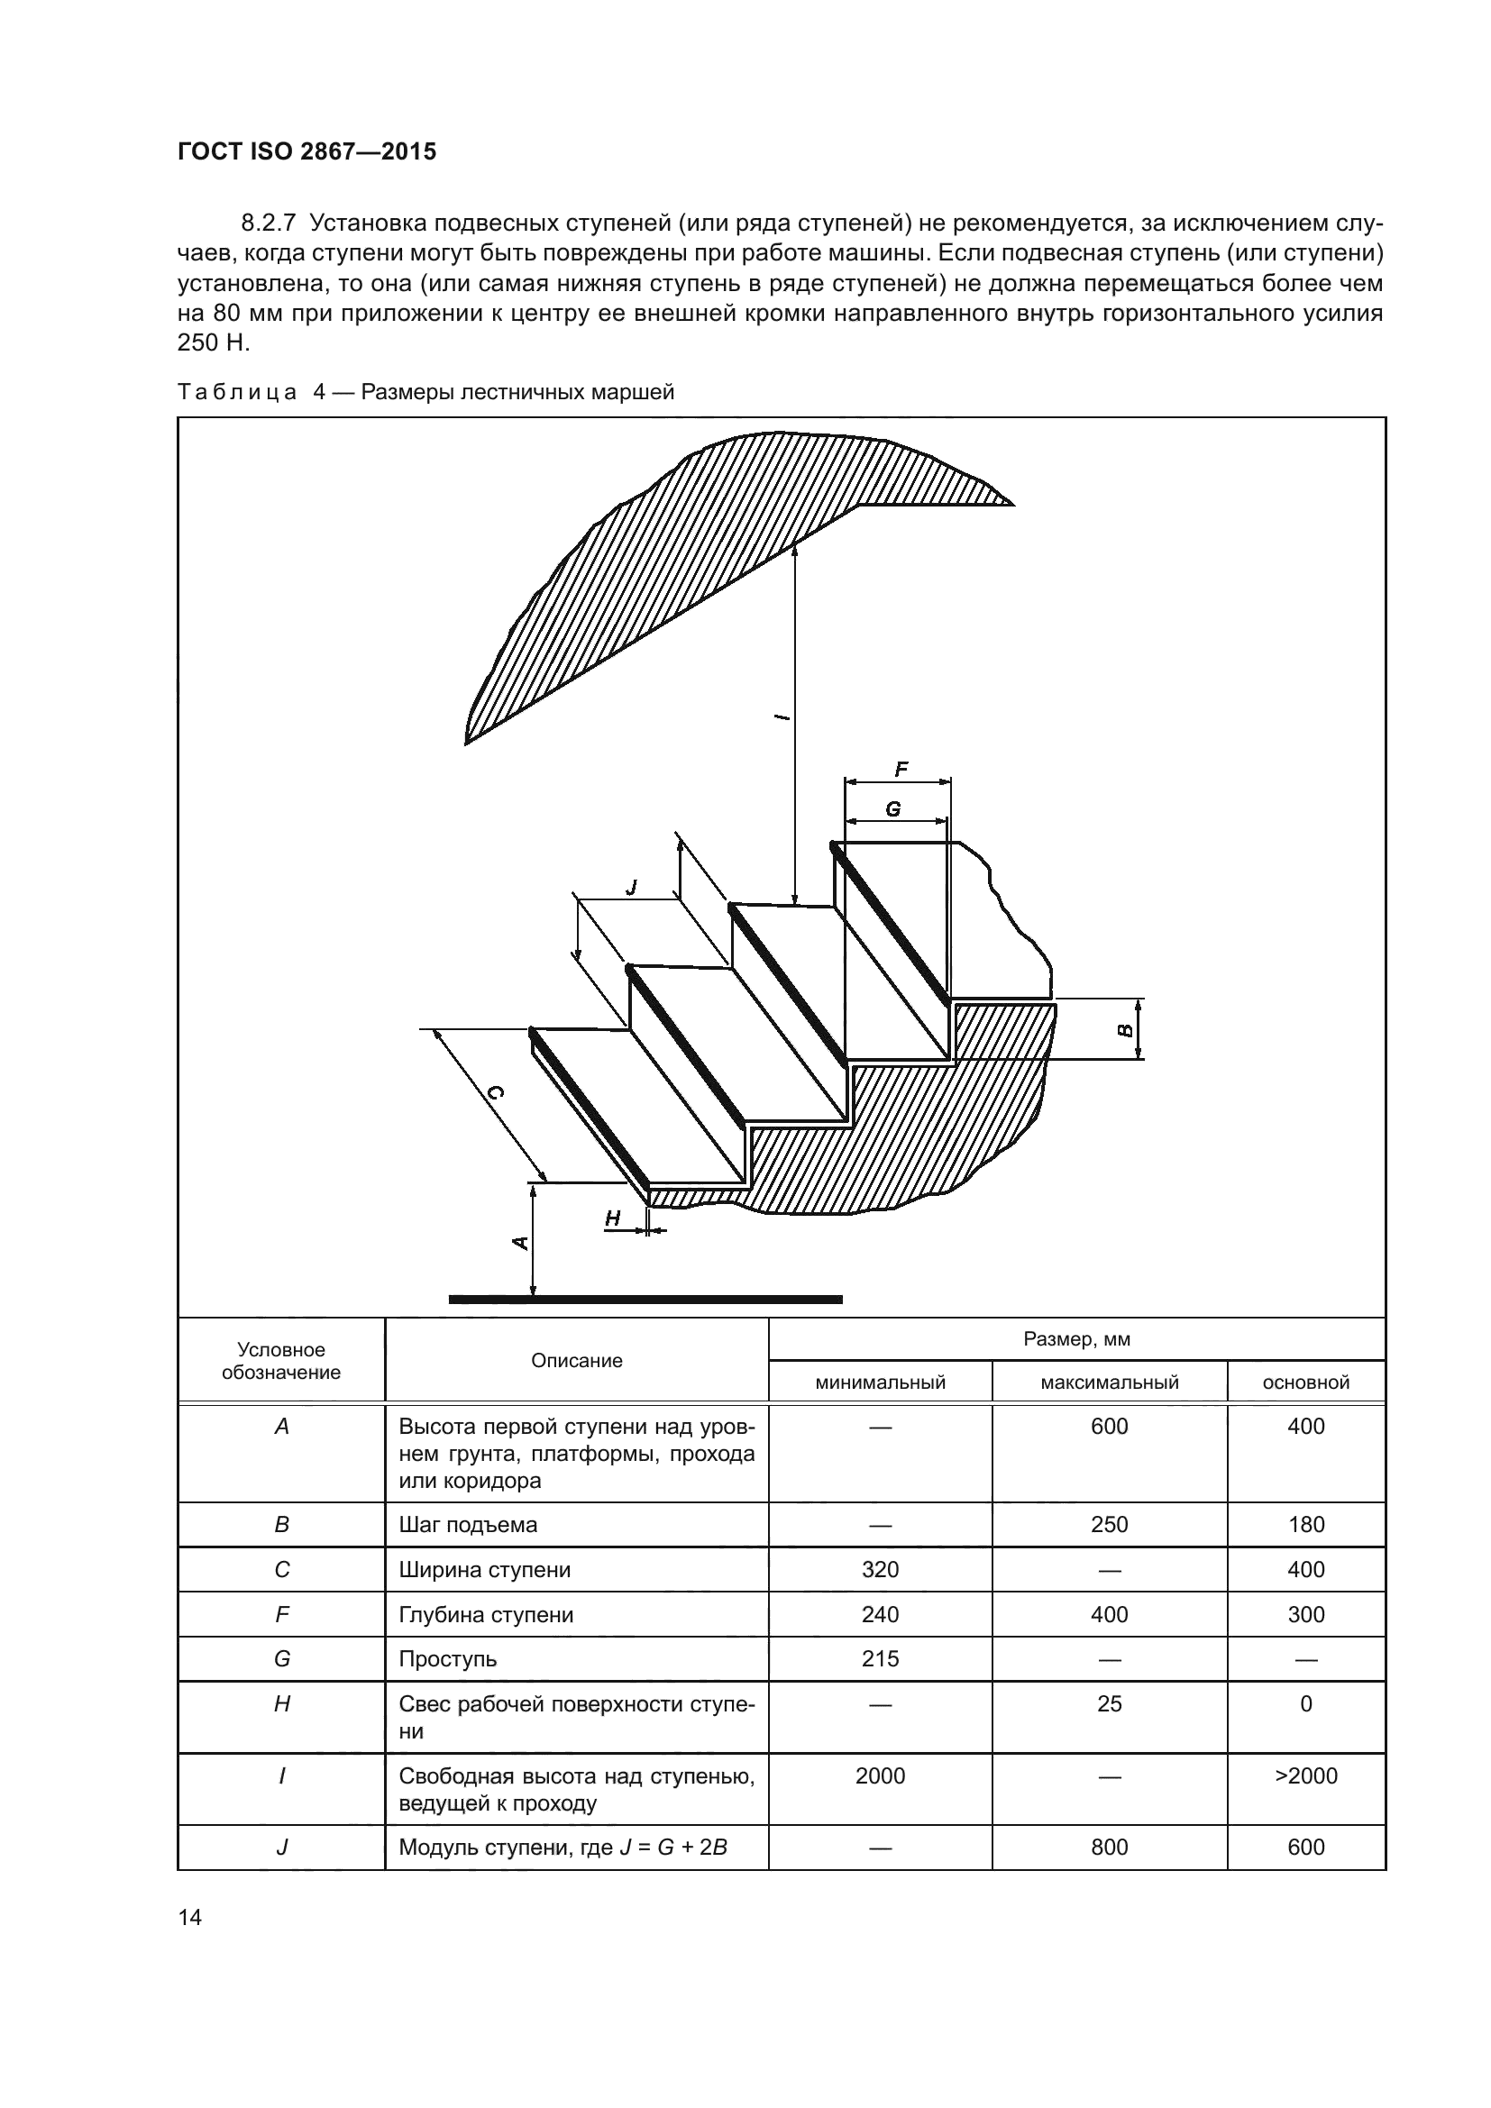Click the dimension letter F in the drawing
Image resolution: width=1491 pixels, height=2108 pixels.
[x=901, y=769]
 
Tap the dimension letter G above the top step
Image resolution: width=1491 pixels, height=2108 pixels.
[x=892, y=808]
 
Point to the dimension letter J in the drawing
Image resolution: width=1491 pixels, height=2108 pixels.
[x=631, y=887]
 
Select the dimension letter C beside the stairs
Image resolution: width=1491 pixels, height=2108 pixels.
[x=495, y=1092]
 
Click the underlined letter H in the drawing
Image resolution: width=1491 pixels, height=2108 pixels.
[x=612, y=1218]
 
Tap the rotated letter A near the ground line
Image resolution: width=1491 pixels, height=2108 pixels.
[x=519, y=1243]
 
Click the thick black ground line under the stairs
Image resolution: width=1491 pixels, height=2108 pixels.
[x=645, y=1300]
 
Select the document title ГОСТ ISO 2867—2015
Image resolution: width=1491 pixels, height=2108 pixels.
[x=306, y=151]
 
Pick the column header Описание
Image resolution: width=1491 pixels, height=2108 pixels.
[x=577, y=1361]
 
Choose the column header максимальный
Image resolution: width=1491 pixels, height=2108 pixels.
[x=1109, y=1383]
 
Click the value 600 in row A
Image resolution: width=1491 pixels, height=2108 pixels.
[x=1109, y=1427]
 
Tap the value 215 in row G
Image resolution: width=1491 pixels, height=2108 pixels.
[x=880, y=1659]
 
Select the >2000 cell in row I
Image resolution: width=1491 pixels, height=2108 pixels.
[x=1305, y=1775]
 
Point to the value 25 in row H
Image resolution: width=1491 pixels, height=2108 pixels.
[x=1109, y=1704]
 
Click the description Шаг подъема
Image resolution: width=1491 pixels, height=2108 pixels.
[x=467, y=1525]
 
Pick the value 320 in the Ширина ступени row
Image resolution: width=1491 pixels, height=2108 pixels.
[x=880, y=1570]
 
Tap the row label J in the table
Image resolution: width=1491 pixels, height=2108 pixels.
[x=282, y=1848]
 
